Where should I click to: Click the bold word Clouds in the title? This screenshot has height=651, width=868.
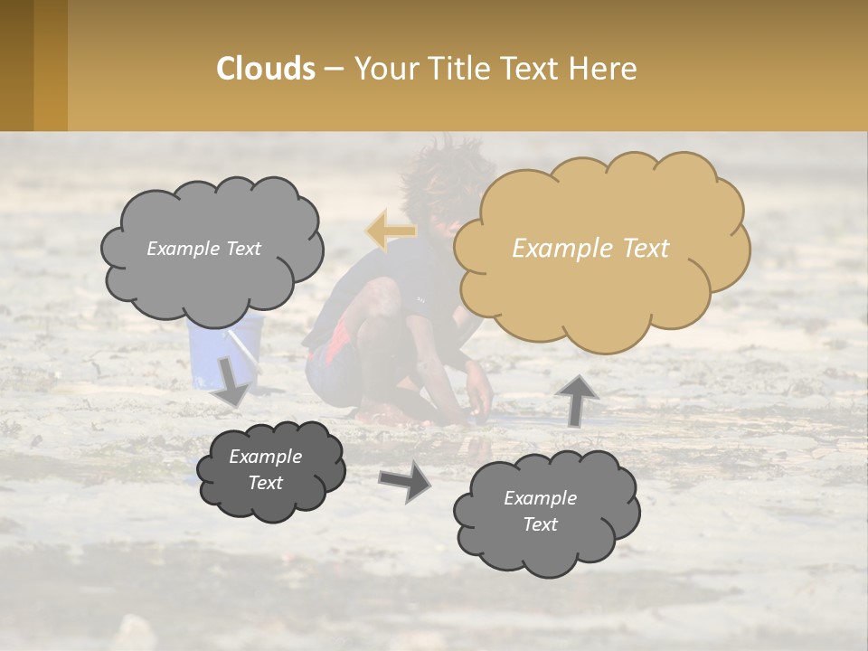pyautogui.click(x=266, y=68)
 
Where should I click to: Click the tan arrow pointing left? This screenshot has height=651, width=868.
pyautogui.click(x=392, y=230)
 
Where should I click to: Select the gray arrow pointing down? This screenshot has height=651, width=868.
pyautogui.click(x=232, y=381)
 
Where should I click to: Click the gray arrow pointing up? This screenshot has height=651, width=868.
pyautogui.click(x=575, y=399)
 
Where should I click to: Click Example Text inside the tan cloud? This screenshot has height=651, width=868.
pyautogui.click(x=590, y=249)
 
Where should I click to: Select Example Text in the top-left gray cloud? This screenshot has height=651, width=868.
pyautogui.click(x=203, y=249)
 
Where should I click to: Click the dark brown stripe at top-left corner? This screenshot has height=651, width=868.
pyautogui.click(x=16, y=65)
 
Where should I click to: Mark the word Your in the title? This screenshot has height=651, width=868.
pyautogui.click(x=387, y=68)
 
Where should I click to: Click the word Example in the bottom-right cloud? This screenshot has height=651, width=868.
pyautogui.click(x=540, y=498)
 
